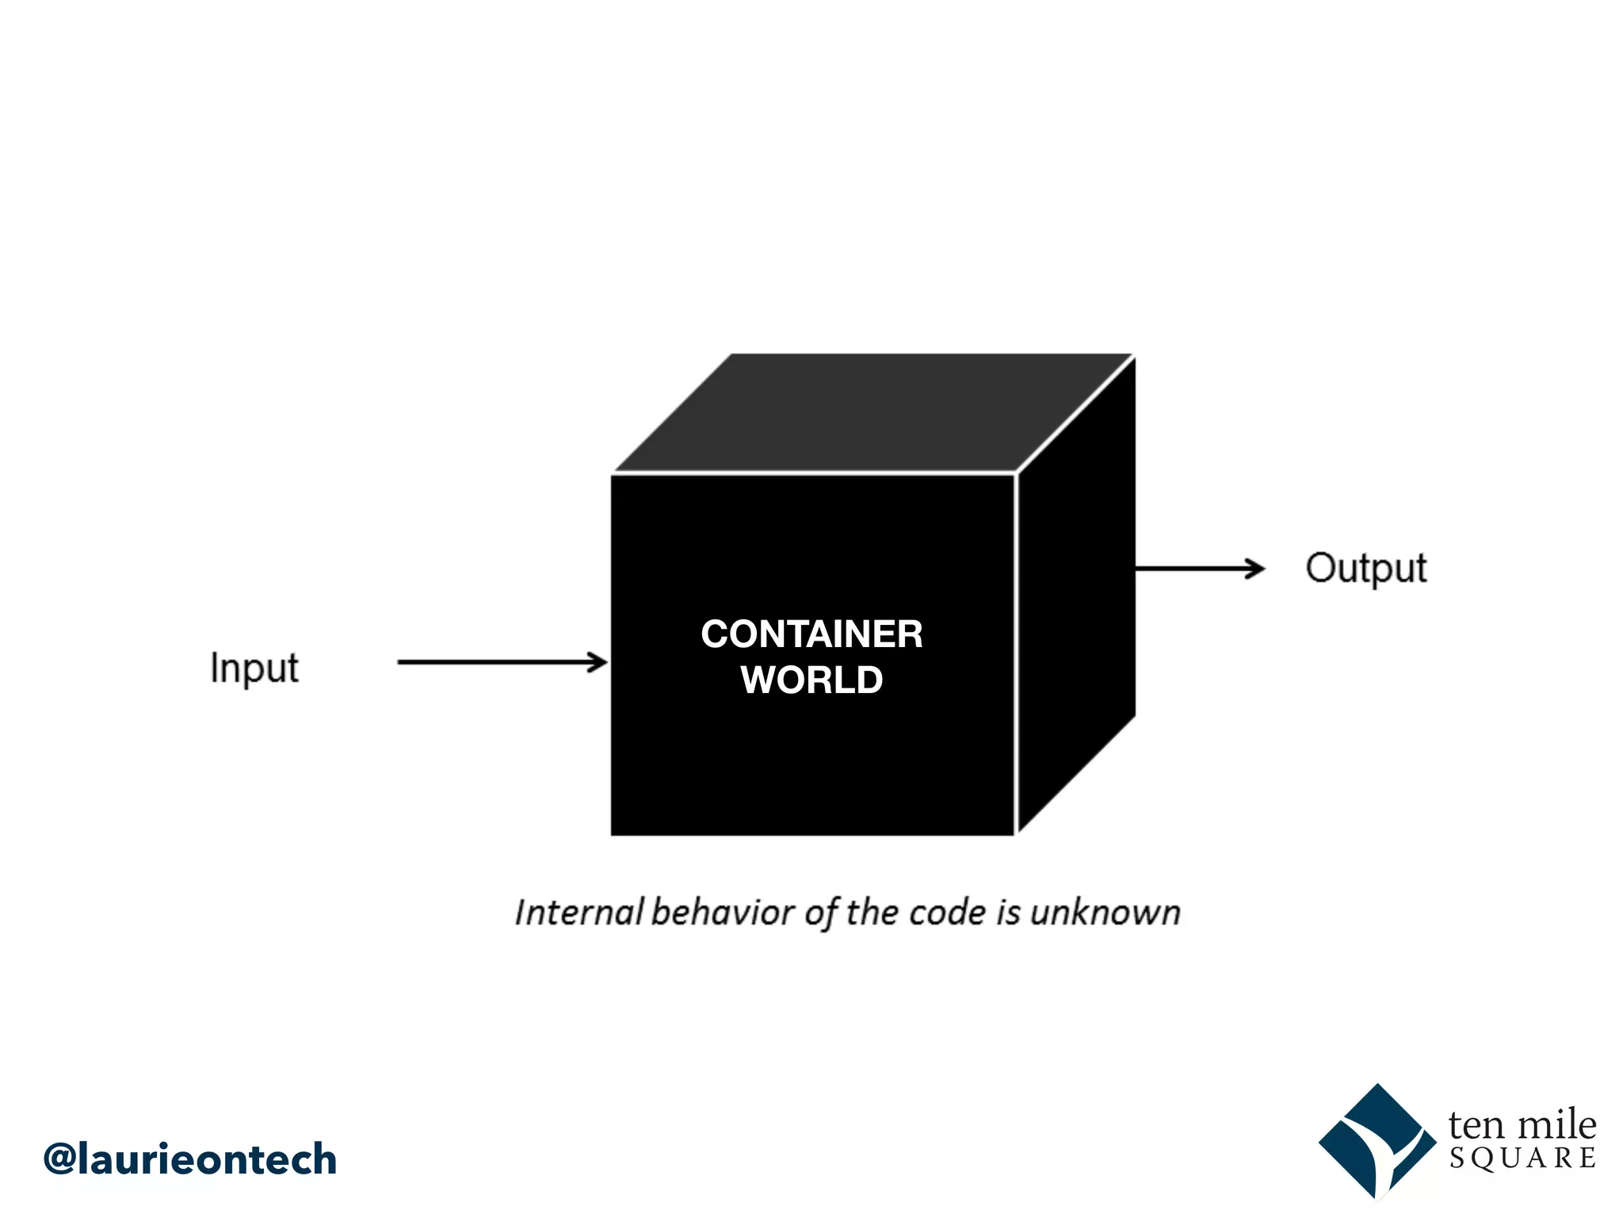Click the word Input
254,668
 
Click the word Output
1366,569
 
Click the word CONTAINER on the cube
811,634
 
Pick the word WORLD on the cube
811,680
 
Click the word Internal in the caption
579,913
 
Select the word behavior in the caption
723,913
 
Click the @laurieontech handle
190,1159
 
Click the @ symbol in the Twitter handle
59,1159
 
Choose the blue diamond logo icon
1377,1142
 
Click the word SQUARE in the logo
1522,1159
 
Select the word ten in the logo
1476,1124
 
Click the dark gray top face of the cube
872,412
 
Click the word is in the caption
1008,913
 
